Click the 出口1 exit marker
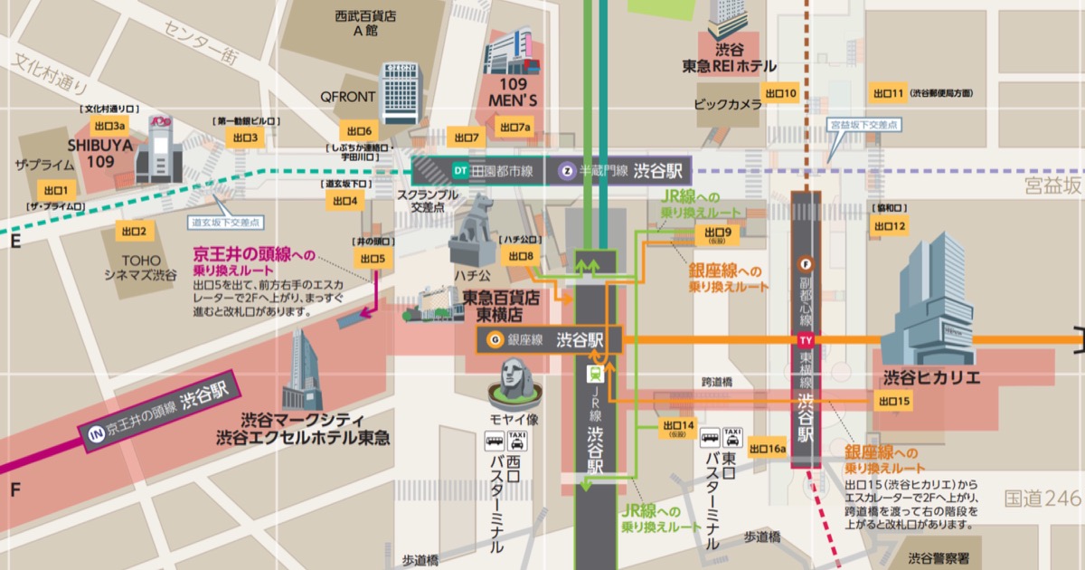tap(56, 190)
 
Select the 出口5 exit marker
tap(373, 259)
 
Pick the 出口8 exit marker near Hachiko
tap(522, 256)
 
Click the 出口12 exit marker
tap(887, 225)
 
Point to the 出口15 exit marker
tap(893, 401)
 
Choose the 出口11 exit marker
tap(887, 93)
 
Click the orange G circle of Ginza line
tap(495, 340)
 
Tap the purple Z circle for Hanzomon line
tap(567, 170)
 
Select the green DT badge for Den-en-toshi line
tap(460, 170)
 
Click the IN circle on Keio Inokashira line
tap(94, 433)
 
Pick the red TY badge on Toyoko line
tap(806, 340)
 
